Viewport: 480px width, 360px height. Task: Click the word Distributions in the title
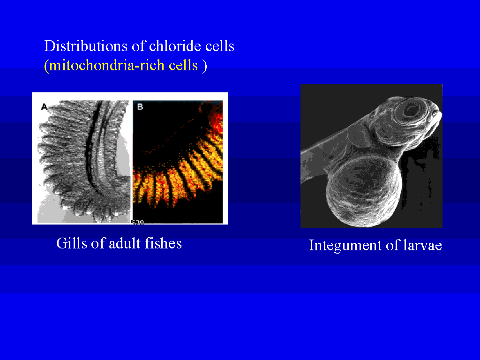(x=86, y=46)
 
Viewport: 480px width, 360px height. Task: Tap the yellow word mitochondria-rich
(x=107, y=65)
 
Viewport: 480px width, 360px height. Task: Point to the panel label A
(x=45, y=107)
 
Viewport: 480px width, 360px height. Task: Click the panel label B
(x=140, y=107)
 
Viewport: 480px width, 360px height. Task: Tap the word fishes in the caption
(x=163, y=243)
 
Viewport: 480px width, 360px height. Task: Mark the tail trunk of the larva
(x=324, y=159)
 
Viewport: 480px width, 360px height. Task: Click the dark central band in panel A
(x=91, y=147)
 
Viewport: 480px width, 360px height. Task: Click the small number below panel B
(x=138, y=222)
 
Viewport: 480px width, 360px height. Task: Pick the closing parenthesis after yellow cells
(x=204, y=66)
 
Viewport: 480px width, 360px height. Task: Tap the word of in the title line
(x=138, y=46)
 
